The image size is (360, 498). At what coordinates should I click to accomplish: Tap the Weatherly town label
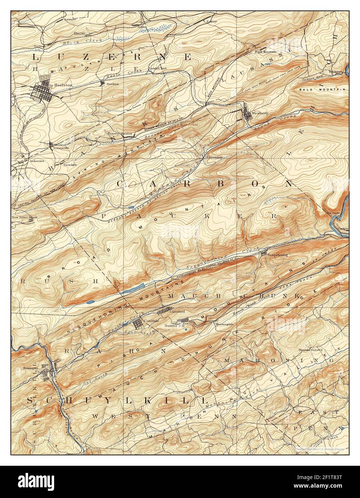tap(260, 113)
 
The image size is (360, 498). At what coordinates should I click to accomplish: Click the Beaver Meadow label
tap(120, 133)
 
